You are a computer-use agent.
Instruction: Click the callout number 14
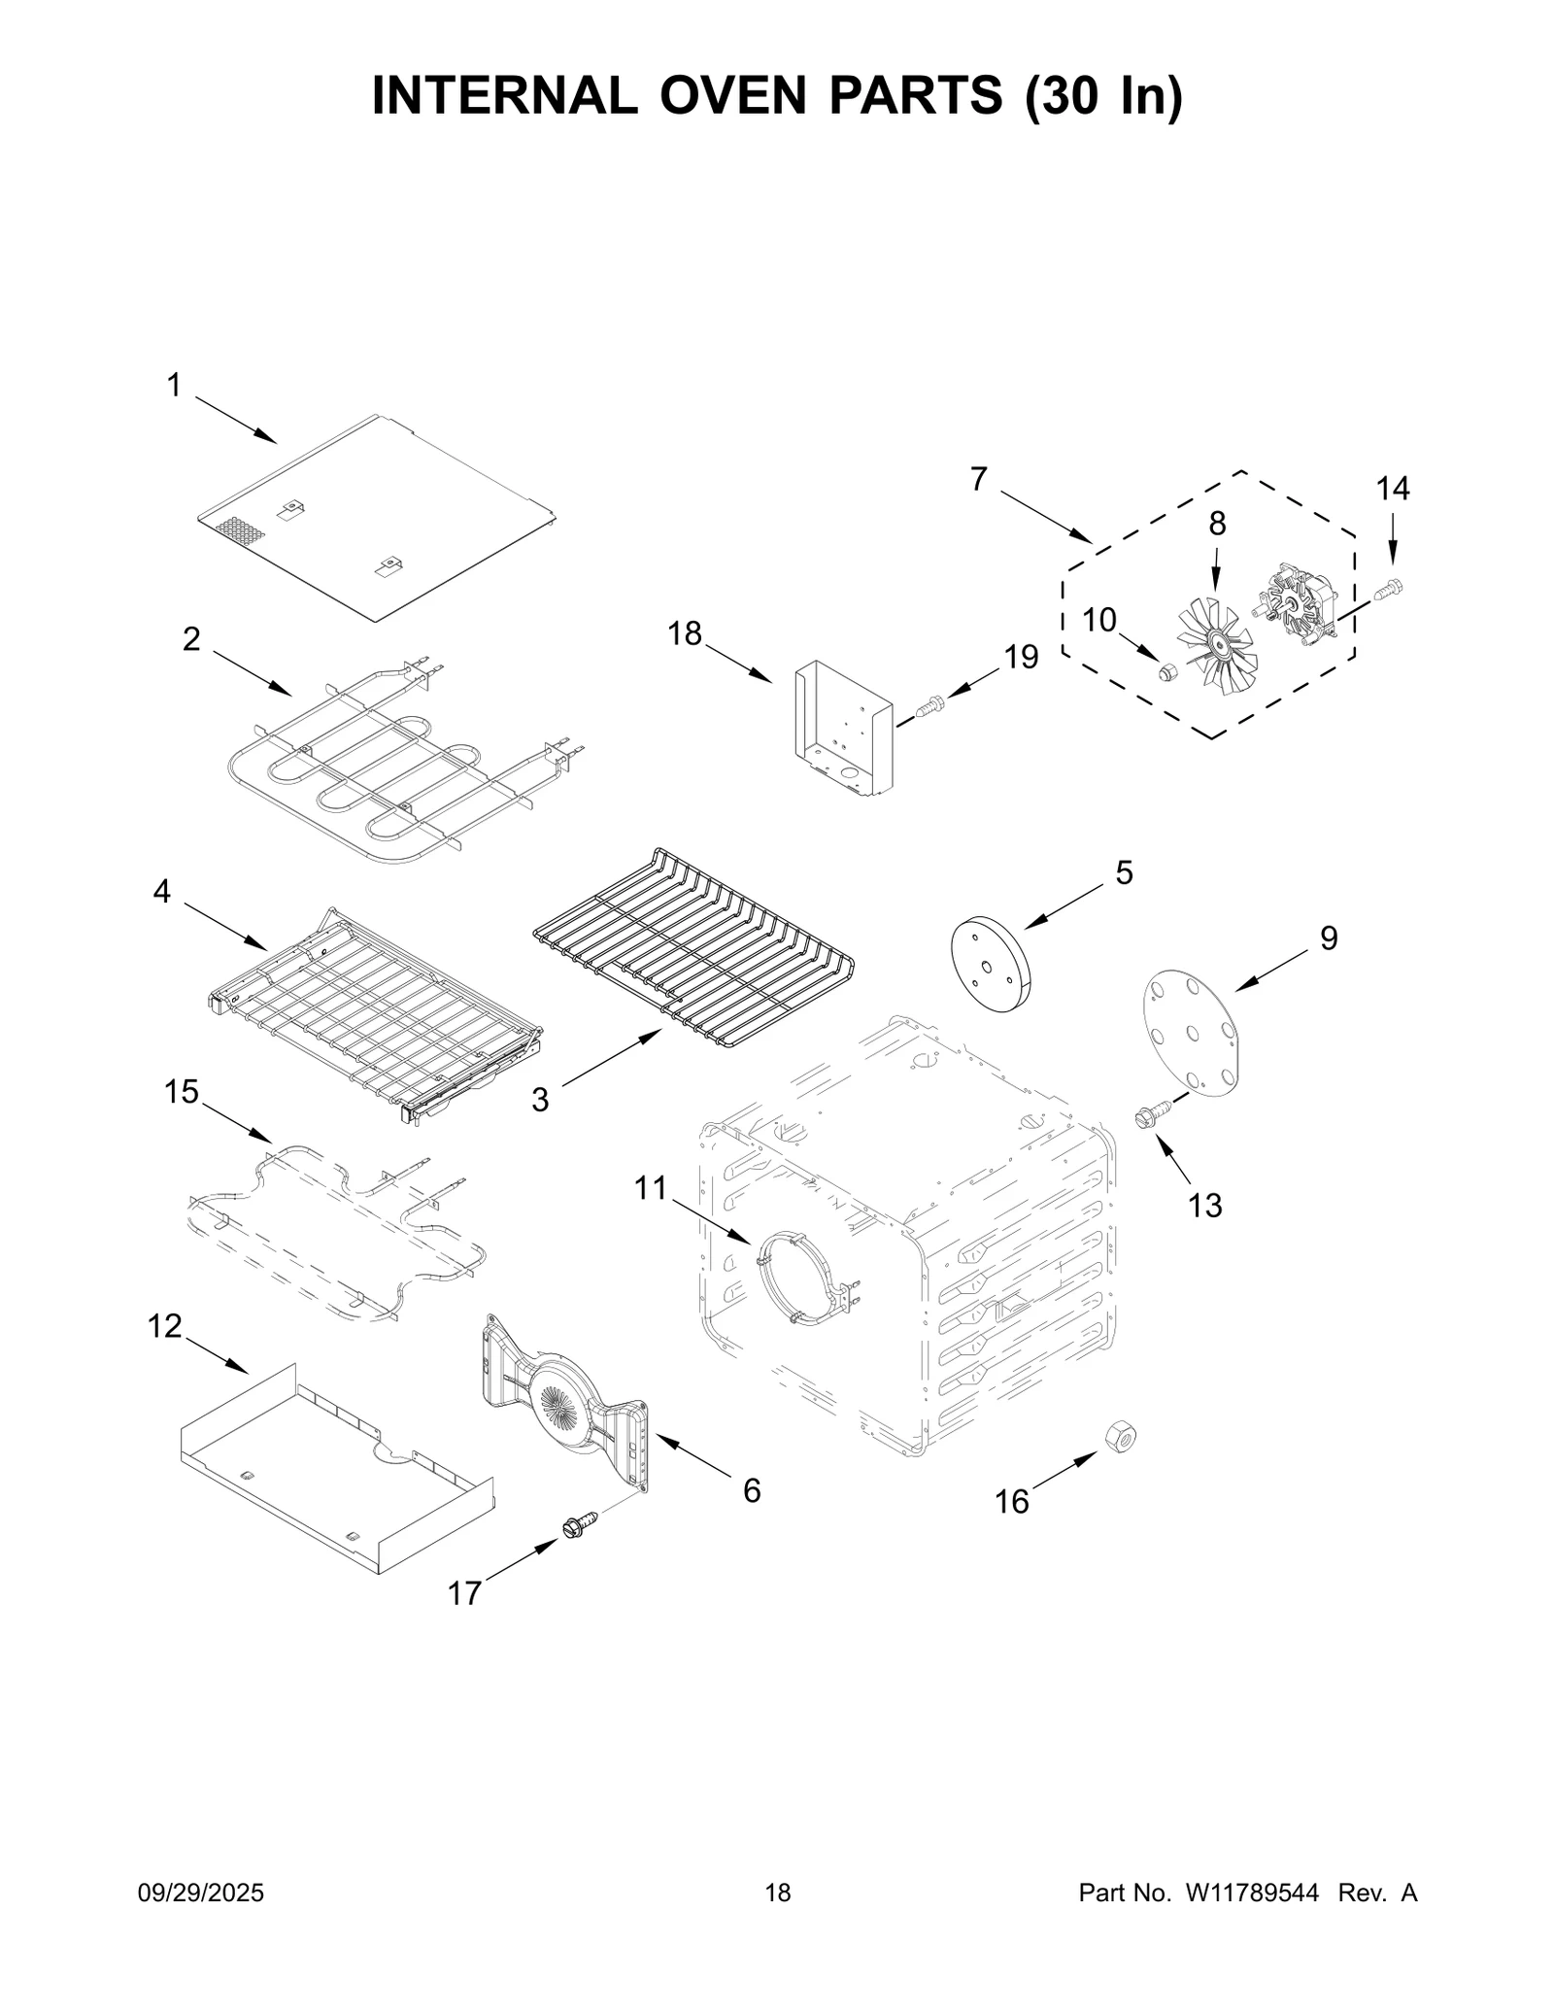1392,489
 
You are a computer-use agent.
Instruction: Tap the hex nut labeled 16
1120,1436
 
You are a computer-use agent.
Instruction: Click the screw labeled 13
1149,1115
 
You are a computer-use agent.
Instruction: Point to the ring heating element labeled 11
803,1276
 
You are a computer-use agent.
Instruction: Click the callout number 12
165,1325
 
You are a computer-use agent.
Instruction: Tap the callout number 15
182,1092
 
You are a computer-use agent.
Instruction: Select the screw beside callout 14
1390,587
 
